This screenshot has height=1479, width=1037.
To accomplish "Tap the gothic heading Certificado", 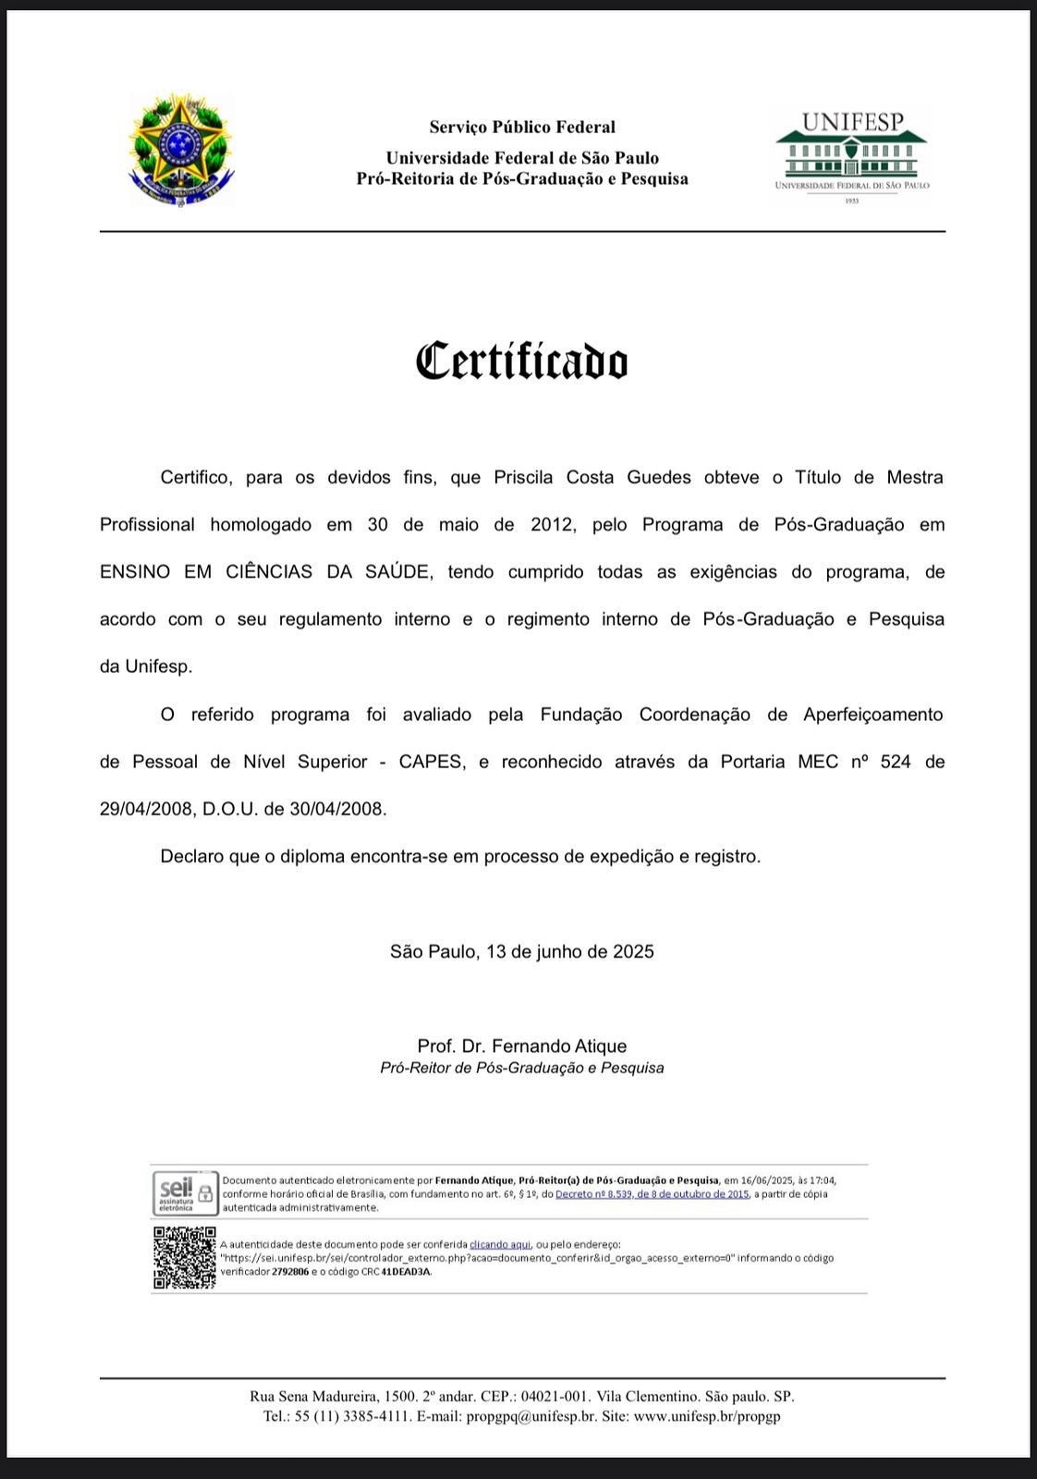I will coord(522,361).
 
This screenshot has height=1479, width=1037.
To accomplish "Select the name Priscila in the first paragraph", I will coord(523,478).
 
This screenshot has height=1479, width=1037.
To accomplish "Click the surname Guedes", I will coord(659,478).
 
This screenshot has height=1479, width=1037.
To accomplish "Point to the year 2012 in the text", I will coord(554,525).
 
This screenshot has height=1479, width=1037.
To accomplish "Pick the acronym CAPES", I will coord(432,763).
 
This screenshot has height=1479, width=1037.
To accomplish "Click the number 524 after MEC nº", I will coord(896,763).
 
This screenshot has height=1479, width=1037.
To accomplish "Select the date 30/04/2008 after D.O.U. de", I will coord(336,810).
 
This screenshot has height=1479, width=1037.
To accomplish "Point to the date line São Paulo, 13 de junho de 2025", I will coord(522,952).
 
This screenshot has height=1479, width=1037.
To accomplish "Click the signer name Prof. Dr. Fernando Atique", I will coord(522,1046).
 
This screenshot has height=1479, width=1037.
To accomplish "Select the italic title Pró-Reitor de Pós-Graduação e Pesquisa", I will coord(522,1069).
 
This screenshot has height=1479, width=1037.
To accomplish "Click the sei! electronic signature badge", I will coord(184,1193).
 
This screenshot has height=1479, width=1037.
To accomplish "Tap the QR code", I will coord(184,1257).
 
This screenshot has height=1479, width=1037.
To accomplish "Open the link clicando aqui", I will coord(500,1244).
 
